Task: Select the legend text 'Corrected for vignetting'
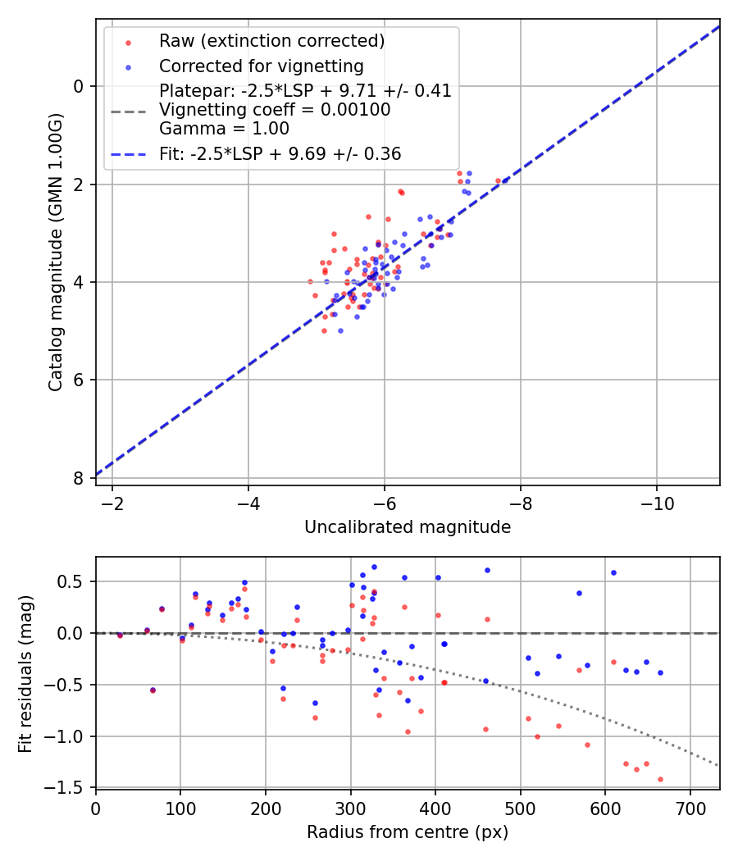click(261, 66)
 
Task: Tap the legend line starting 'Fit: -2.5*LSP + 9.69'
click(280, 153)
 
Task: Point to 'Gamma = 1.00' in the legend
click(224, 128)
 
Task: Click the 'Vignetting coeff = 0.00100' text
click(275, 109)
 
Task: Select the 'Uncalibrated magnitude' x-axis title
click(408, 527)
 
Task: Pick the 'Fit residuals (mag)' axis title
click(25, 673)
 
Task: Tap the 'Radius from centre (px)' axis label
click(408, 832)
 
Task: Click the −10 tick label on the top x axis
click(656, 502)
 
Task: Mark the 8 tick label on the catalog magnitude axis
click(78, 478)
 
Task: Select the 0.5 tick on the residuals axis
click(75, 581)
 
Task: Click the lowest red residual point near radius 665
click(660, 779)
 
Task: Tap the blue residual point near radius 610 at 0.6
click(613, 572)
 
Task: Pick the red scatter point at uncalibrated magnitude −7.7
click(498, 180)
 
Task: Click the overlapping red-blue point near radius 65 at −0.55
click(153, 690)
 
